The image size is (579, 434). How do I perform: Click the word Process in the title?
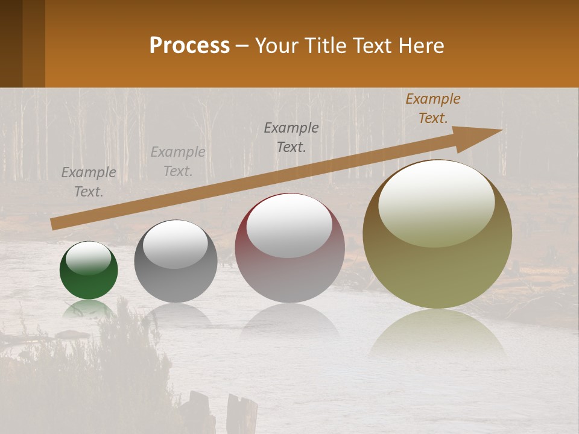pos(189,46)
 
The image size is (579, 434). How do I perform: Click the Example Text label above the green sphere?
pos(89,182)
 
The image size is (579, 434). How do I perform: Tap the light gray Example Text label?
pos(178,162)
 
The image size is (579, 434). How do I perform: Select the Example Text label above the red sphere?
pos(291,137)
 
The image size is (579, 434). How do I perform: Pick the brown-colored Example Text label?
pos(433,108)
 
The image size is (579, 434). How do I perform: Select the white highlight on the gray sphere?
pos(176,244)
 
